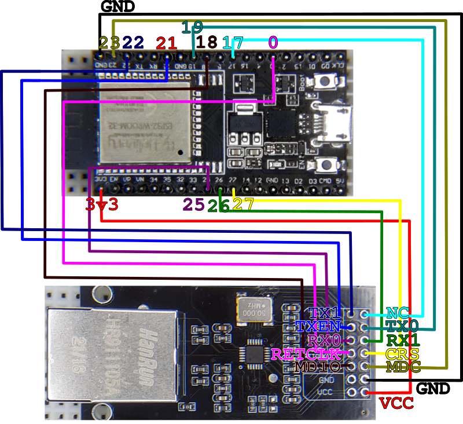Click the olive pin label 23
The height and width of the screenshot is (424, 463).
point(109,42)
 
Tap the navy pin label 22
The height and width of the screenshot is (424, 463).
point(133,42)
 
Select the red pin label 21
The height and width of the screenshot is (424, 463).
point(166,42)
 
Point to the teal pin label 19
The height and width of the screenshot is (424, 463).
point(193,27)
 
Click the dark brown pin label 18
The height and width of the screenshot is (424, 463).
point(207,42)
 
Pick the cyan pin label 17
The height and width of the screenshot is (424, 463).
point(233,42)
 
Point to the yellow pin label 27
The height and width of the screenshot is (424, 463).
point(242,204)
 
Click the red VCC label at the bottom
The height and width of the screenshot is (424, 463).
point(396,403)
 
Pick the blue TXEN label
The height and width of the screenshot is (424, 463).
point(318,326)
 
